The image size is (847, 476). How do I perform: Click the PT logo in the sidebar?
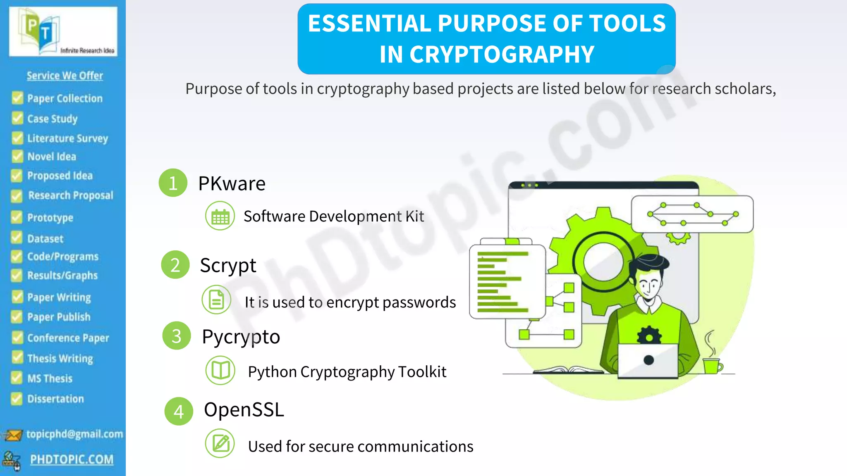63,32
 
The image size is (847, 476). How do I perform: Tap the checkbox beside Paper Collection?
17,98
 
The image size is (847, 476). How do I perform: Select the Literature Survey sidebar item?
67,138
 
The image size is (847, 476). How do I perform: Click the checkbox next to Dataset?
17,238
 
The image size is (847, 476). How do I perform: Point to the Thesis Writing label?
60,358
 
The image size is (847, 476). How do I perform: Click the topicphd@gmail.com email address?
74,434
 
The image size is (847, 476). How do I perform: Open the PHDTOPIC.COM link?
72,459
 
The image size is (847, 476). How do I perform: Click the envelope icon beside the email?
13,435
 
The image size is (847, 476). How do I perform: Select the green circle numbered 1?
173,183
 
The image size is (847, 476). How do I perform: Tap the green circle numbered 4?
179,411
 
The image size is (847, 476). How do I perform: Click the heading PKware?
232,183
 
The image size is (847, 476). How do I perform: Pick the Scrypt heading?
228,265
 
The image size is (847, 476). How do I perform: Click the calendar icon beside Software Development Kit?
220,216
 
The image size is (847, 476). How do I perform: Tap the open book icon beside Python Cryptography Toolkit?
220,370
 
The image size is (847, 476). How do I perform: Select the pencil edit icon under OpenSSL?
220,444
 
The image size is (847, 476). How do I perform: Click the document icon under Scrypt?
216,300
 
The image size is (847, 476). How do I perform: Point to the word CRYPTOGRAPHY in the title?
487,54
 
